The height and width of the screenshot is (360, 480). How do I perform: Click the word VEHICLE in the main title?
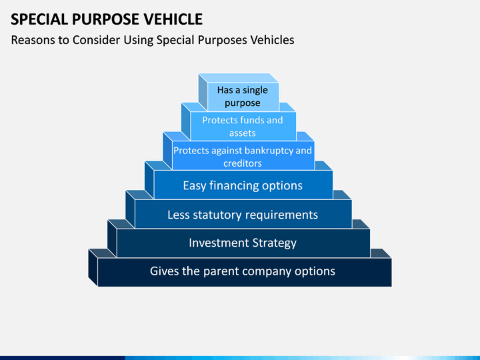click(173, 19)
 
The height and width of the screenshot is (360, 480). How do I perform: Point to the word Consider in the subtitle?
click(97, 40)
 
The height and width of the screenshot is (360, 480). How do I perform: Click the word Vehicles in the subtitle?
click(272, 40)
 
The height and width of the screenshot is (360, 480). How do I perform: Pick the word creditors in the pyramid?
click(243, 163)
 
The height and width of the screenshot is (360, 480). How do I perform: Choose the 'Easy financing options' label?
click(243, 186)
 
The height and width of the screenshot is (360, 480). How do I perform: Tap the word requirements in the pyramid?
click(281, 215)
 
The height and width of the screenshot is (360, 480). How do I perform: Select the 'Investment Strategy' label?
click(243, 243)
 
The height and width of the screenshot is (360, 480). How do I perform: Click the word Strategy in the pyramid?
click(274, 243)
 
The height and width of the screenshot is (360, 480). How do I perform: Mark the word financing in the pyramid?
click(235, 186)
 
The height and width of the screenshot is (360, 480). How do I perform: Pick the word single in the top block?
click(255, 90)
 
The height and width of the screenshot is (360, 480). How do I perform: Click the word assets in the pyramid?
click(243, 133)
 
